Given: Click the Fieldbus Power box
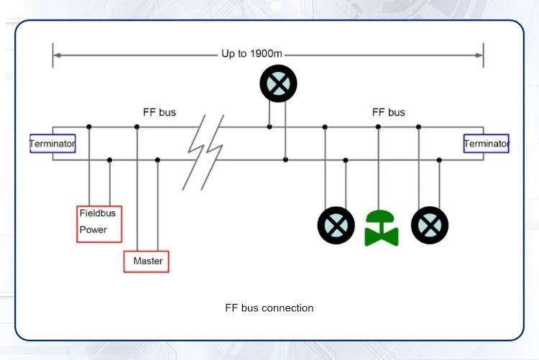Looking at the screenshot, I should coord(99,223).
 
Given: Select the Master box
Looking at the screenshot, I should coord(147,261).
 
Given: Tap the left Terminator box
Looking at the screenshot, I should coord(52,144).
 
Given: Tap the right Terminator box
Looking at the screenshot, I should coord(487,144).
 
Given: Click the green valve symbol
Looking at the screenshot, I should coord(382,228).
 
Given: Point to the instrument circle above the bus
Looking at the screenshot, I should coord(278,84).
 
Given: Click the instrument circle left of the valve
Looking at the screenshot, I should coord(336,225).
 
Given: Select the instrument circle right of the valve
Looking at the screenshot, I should coord(430,225).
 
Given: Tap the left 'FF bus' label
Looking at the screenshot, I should coord(160,113).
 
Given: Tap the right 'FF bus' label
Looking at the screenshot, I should coord(388,113).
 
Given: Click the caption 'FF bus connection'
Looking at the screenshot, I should coord(269,308).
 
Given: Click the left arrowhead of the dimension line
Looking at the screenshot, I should coord(56,55).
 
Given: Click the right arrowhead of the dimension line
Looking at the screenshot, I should coord(479,55).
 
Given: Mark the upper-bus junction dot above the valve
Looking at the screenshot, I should coord(378,127).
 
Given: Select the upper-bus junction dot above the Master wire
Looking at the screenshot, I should coord(137,127).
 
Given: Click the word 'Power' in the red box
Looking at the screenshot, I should coord(93,230).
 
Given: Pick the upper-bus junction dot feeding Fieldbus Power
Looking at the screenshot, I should coord(89,127).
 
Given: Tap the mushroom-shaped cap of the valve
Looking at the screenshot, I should coord(382,218).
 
